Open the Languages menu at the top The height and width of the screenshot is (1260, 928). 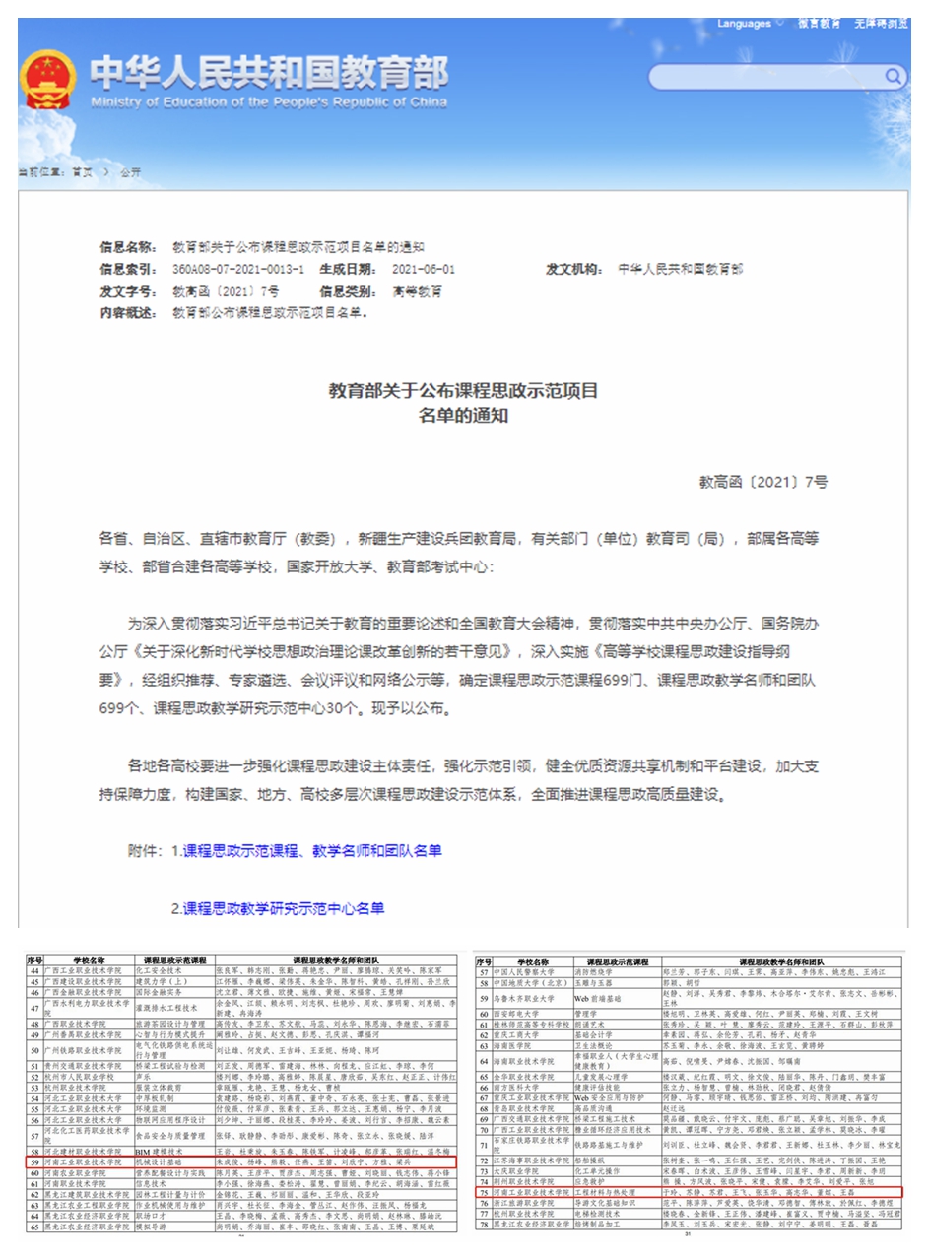pyautogui.click(x=750, y=23)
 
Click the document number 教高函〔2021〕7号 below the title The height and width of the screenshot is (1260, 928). pyautogui.click(x=763, y=482)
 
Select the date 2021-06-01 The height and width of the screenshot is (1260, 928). pyautogui.click(x=424, y=269)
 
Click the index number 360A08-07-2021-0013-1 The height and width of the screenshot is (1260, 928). pyautogui.click(x=238, y=269)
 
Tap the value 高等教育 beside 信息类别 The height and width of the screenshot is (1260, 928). pyautogui.click(x=418, y=292)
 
